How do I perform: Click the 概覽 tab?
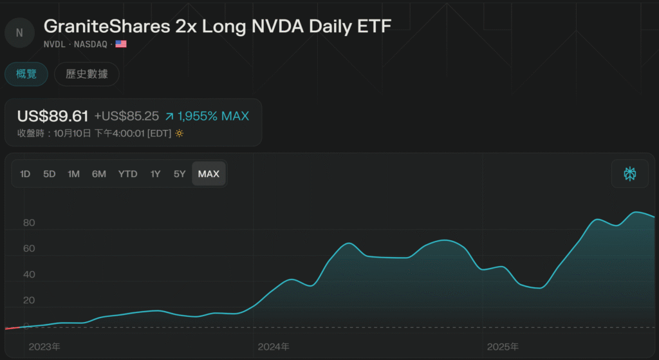click(26, 74)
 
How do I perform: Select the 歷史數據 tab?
click(87, 74)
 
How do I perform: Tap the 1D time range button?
click(25, 174)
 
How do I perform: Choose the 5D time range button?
click(50, 174)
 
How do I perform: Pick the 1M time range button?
click(74, 174)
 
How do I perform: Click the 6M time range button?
click(99, 174)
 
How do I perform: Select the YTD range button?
click(127, 174)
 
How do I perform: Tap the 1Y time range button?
click(155, 174)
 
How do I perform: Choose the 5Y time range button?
click(180, 174)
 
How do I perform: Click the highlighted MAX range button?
click(209, 174)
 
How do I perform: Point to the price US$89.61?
click(53, 116)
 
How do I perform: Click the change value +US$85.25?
click(126, 117)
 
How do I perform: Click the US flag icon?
click(121, 44)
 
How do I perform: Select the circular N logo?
click(19, 33)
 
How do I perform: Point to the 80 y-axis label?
click(29, 223)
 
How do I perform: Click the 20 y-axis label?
click(29, 300)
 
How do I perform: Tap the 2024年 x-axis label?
click(274, 347)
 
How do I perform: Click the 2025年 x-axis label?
click(503, 347)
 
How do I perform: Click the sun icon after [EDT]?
click(180, 133)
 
